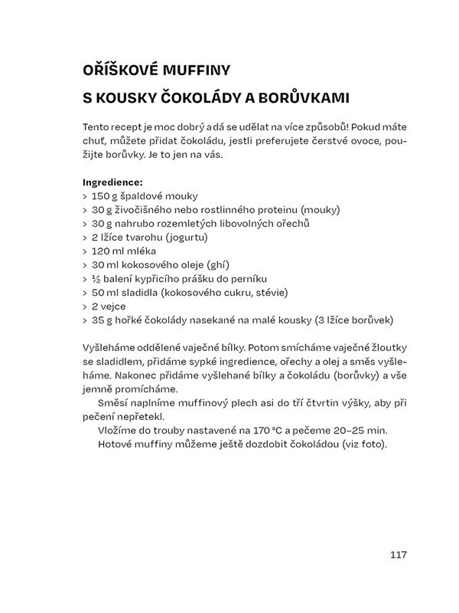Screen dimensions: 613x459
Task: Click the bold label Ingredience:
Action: pyautogui.click(x=112, y=182)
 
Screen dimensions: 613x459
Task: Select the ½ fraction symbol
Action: pyautogui.click(x=96, y=278)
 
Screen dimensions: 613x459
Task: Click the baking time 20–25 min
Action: pyautogui.click(x=349, y=431)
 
